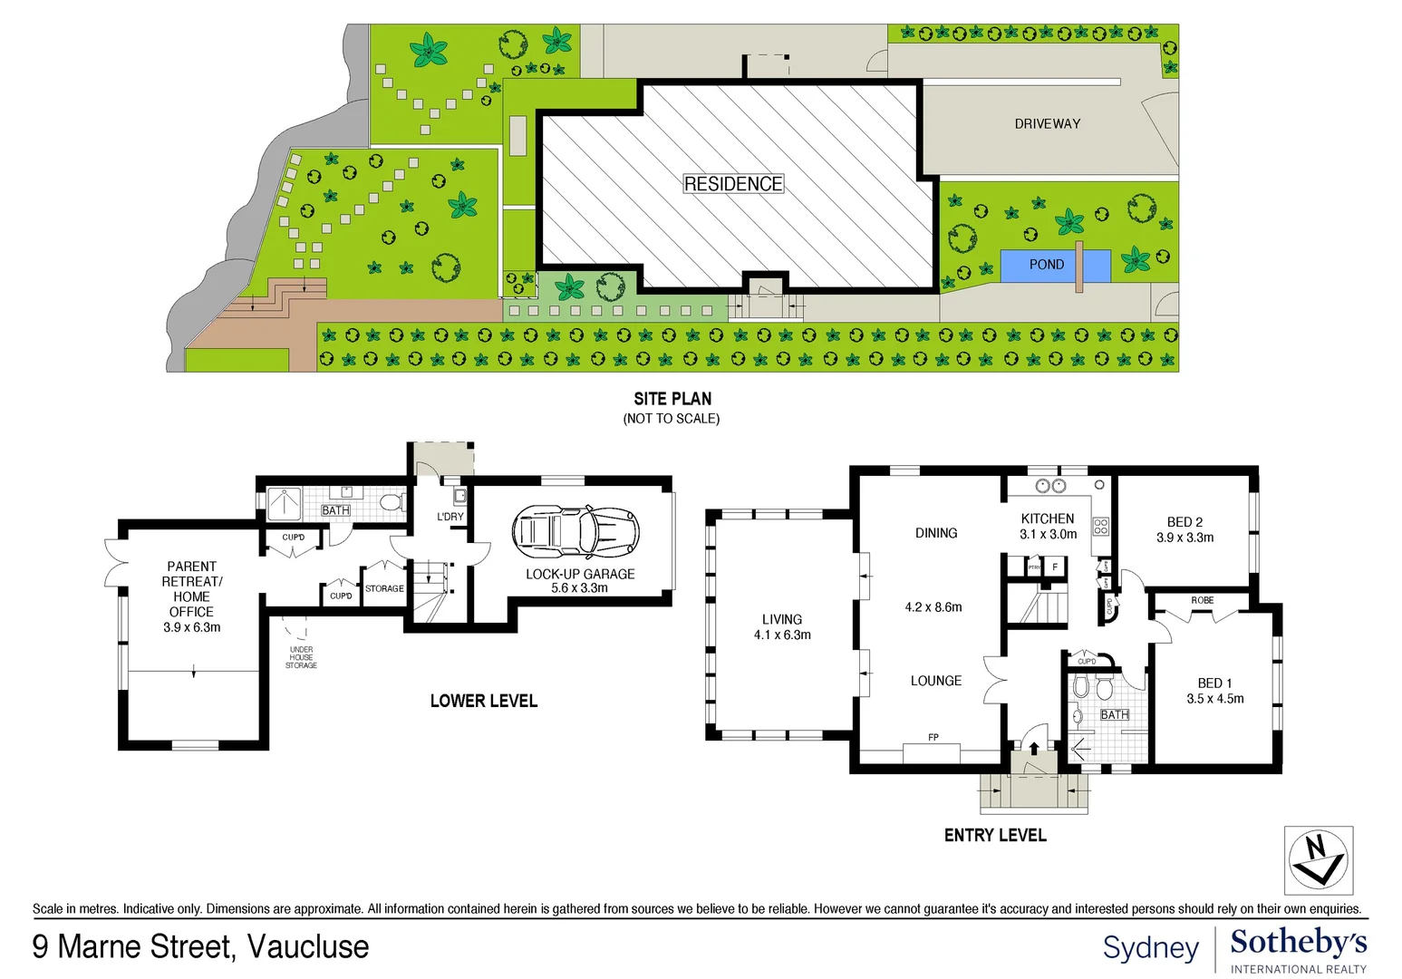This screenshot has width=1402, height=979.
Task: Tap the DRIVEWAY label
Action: (1047, 123)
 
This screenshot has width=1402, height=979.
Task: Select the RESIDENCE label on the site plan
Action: (733, 184)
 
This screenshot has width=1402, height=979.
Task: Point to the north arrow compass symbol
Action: (1318, 859)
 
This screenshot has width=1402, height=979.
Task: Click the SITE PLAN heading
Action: (672, 399)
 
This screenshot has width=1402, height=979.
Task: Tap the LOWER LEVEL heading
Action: (483, 701)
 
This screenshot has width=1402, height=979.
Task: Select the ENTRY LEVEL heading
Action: (995, 835)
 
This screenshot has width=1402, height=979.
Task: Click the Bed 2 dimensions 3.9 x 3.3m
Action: (1184, 538)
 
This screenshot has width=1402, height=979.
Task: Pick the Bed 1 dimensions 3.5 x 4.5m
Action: (1214, 699)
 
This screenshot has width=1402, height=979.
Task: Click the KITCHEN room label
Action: (1048, 519)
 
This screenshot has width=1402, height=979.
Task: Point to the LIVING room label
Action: (781, 619)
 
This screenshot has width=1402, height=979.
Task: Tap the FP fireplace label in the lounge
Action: (933, 737)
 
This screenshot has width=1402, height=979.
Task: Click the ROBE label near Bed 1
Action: (1202, 600)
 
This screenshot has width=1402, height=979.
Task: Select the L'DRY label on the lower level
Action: (450, 517)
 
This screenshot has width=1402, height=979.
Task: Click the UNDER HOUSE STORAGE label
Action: (301, 657)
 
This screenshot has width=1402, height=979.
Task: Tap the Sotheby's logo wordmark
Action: (1298, 943)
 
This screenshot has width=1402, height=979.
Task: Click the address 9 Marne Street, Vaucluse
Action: (200, 946)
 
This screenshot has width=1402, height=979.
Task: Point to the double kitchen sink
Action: (1050, 487)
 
